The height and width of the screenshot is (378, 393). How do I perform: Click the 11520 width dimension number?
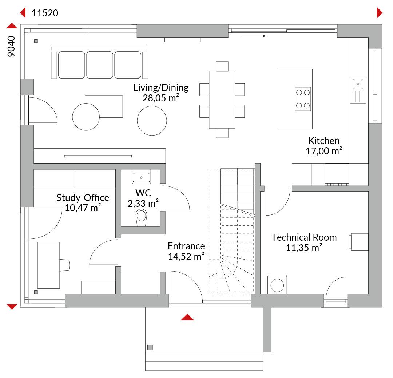(x=45, y=13)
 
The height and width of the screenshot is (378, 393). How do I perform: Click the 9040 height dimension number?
(x=11, y=46)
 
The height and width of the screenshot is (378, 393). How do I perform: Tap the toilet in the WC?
(x=141, y=218)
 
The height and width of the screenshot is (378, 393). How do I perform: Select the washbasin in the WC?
(x=141, y=177)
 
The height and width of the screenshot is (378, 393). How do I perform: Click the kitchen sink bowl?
(x=358, y=84)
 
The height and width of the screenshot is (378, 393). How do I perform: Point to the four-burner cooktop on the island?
(x=303, y=99)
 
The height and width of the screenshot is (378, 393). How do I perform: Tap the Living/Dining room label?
(x=161, y=88)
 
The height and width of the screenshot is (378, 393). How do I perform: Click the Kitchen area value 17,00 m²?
(x=324, y=151)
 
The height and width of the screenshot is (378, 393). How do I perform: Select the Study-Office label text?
(x=83, y=198)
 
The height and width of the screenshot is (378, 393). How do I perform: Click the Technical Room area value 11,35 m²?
(x=304, y=248)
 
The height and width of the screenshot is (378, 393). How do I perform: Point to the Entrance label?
(x=186, y=246)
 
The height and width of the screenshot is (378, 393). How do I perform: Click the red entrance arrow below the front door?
(x=187, y=317)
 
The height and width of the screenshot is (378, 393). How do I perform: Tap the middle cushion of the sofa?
(x=99, y=65)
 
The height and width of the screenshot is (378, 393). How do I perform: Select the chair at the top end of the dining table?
(x=222, y=67)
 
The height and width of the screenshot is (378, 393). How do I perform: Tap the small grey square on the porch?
(x=150, y=347)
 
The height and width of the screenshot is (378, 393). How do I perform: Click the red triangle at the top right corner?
(x=380, y=13)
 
